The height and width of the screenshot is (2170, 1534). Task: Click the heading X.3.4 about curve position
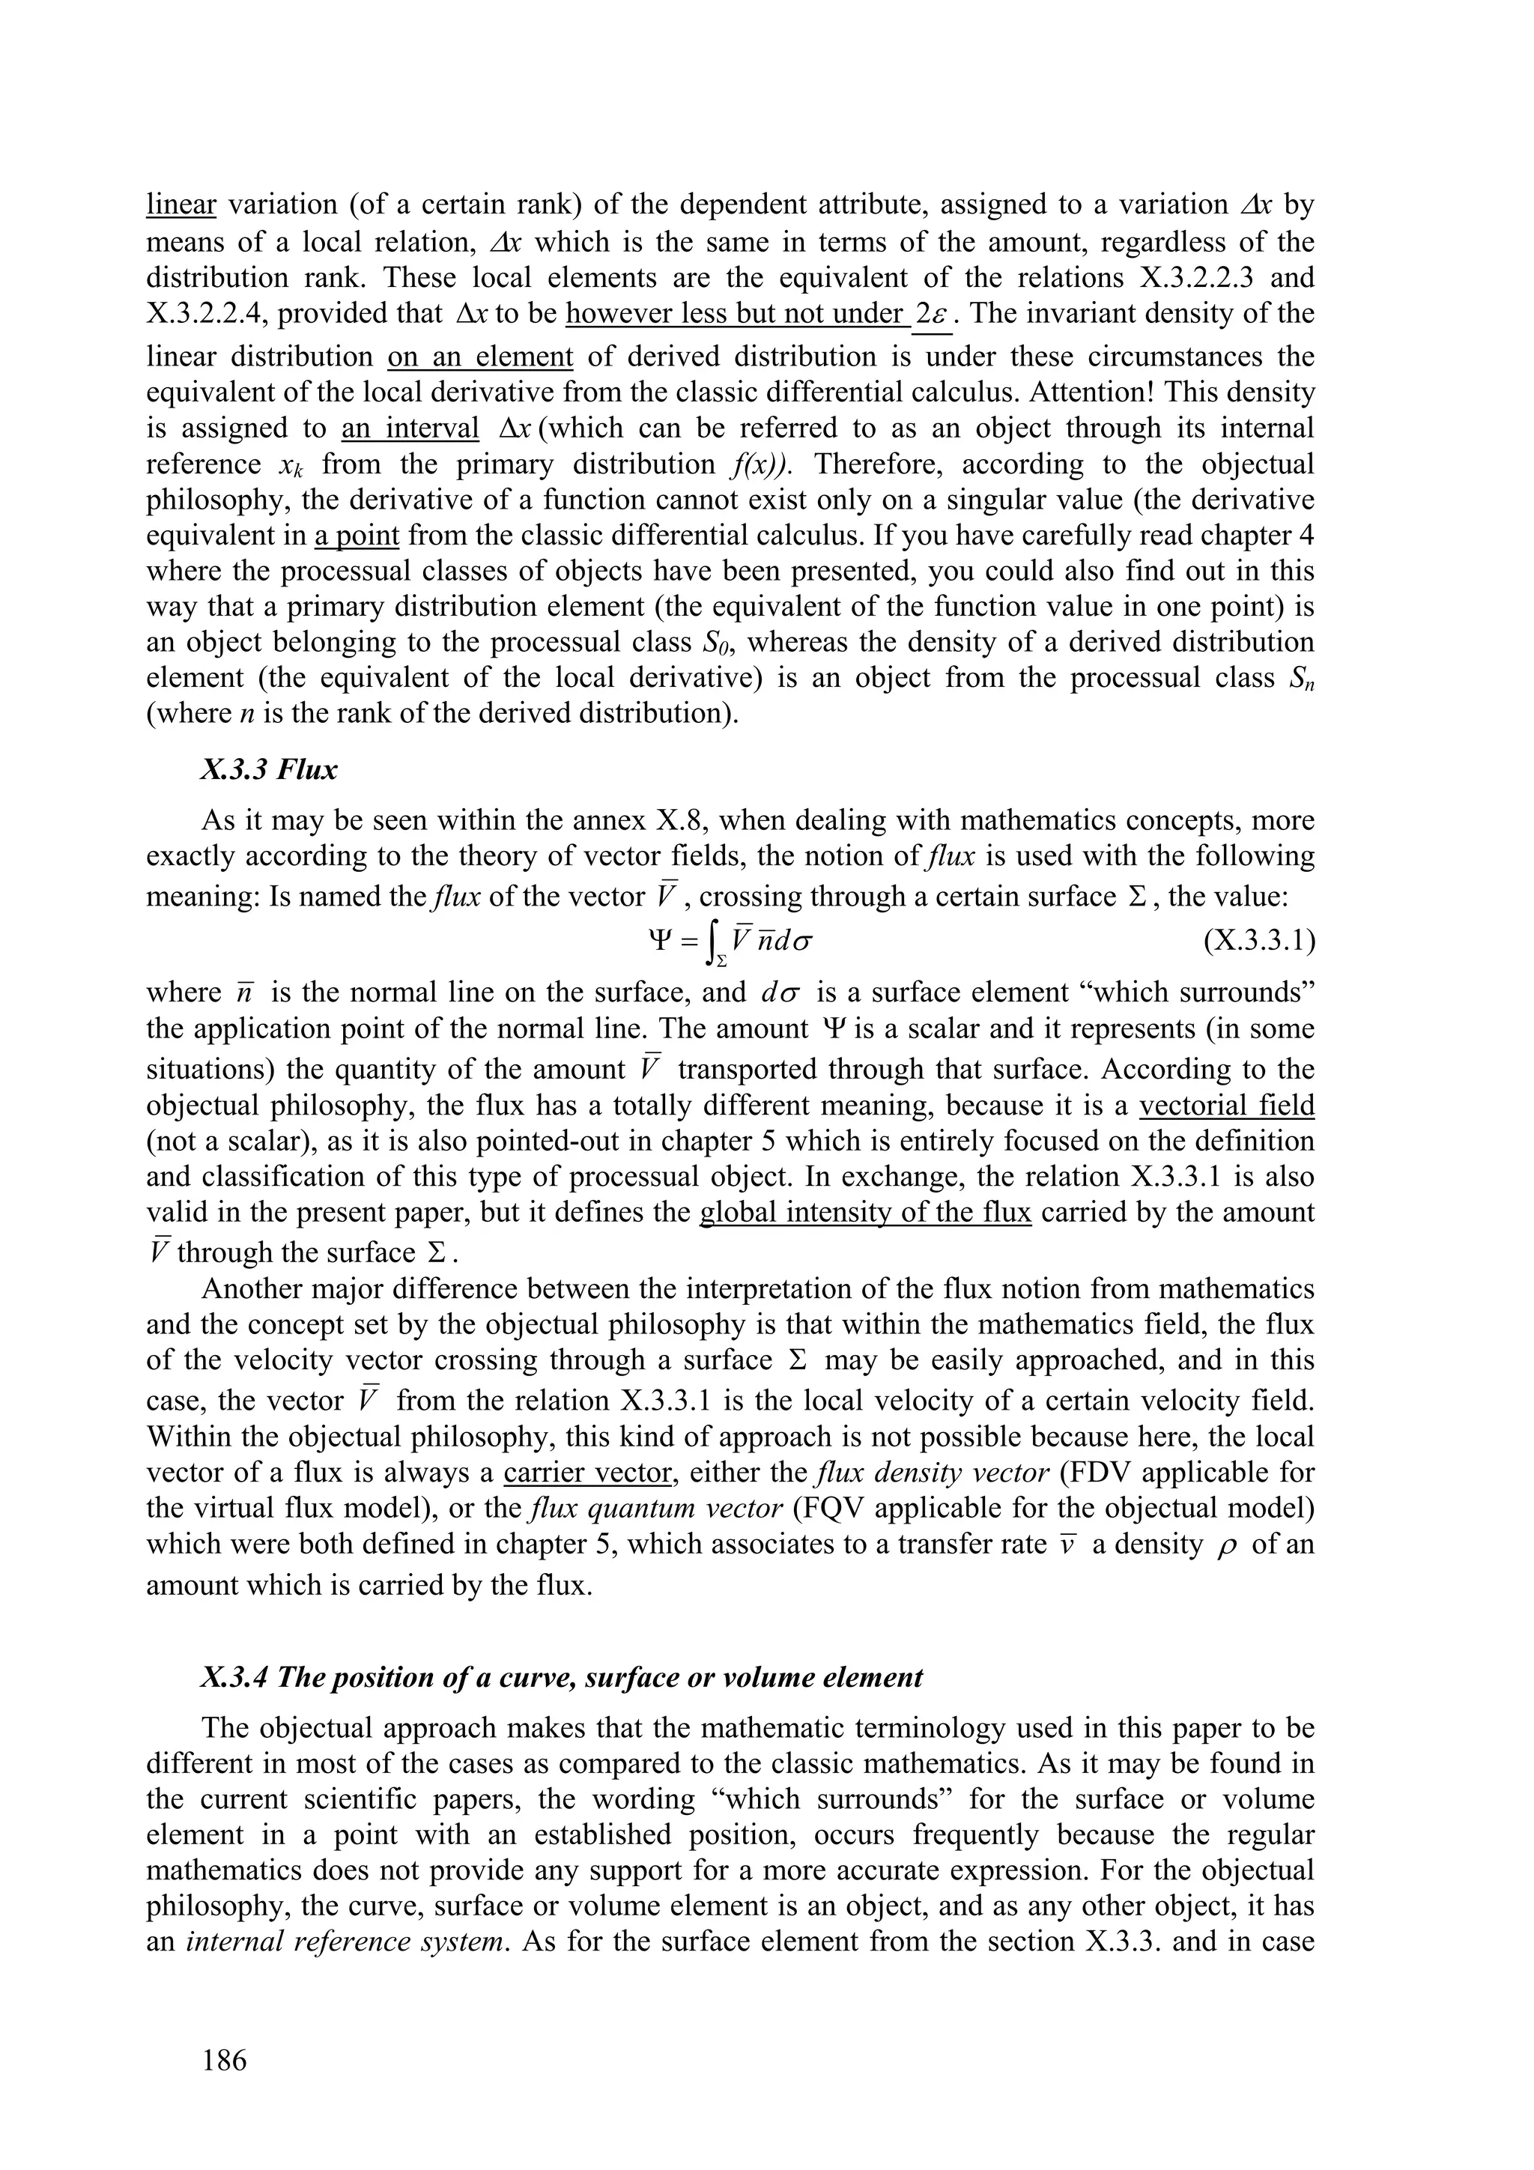[562, 1678]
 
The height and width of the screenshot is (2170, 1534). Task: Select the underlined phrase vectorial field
[1227, 1105]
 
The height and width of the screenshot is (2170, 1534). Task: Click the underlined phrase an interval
[410, 428]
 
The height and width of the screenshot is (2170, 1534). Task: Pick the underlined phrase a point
[357, 536]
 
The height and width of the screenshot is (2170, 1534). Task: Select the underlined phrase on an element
[480, 357]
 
